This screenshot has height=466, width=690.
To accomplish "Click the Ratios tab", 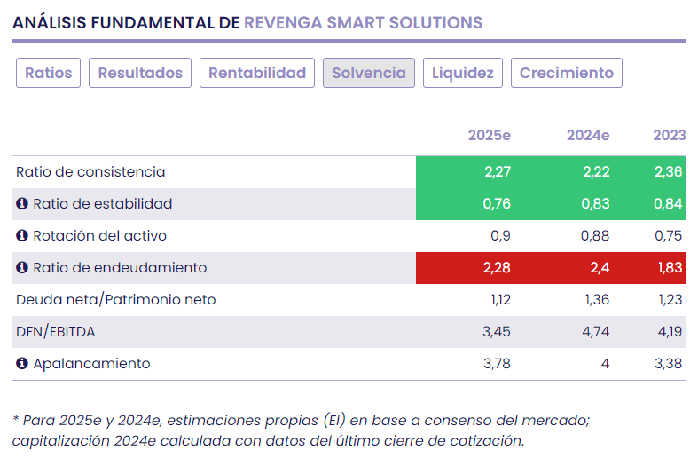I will pos(49,73).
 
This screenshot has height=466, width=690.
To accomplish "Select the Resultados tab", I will pos(140,73).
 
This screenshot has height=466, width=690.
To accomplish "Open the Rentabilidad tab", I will pos(257,73).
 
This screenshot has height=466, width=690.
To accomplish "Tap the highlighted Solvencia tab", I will pos(368,73).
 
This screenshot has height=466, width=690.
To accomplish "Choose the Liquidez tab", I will pos(463,73).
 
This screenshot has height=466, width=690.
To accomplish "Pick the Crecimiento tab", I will pos(567,73).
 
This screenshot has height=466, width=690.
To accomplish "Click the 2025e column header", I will pos(490,135).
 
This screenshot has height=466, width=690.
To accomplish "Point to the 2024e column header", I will pos(588,135).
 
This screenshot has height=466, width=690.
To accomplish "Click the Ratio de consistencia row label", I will pos(90,172).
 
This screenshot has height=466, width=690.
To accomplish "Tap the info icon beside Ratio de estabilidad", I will pos(22,204).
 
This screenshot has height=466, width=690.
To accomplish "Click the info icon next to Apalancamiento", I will pos(22,364).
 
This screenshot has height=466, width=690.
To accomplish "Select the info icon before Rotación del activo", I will pos(22,236).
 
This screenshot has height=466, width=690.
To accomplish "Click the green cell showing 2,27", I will pos(498,172).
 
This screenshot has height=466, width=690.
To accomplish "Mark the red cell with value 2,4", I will pos(599,268).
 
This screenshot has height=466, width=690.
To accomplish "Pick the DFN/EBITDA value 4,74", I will pos(597,332).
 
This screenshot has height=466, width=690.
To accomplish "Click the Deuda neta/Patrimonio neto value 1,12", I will pos(500,300).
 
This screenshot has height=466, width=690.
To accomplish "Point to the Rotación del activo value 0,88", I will pos(595,236).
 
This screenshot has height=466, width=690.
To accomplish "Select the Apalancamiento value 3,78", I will pos(498,364).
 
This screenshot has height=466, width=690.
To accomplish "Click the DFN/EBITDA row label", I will pos(56,332).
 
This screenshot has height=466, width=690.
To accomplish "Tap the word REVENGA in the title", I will pos(285,23).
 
